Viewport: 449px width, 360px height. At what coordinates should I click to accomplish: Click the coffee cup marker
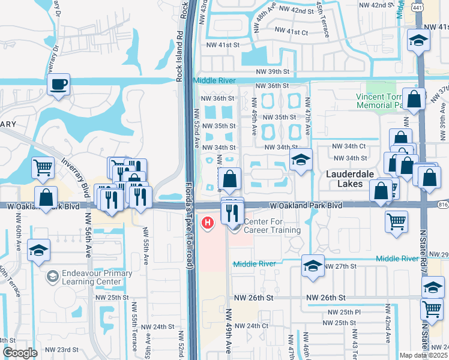[59, 85]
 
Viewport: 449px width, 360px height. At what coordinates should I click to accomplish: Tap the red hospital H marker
[208, 223]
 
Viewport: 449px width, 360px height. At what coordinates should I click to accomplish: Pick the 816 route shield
[443, 205]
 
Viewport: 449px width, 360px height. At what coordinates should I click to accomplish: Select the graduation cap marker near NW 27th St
[313, 266]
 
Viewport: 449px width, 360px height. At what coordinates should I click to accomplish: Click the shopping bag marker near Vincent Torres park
[414, 99]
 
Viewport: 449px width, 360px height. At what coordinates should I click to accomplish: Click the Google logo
[20, 353]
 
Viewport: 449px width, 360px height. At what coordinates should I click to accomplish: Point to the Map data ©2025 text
[423, 355]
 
